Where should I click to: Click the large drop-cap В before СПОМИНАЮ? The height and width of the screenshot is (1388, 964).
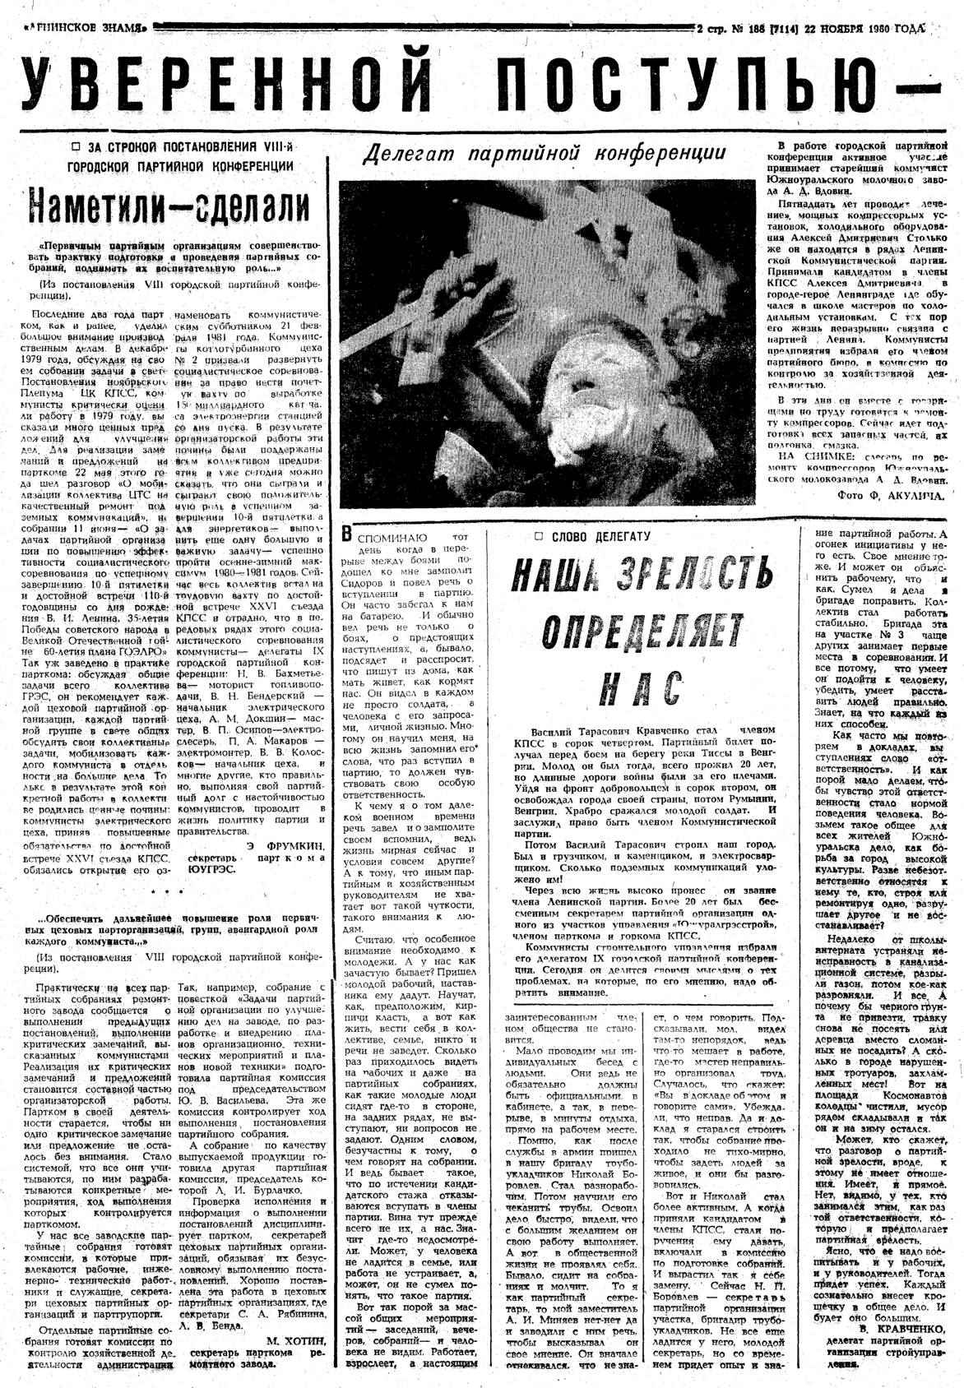349,534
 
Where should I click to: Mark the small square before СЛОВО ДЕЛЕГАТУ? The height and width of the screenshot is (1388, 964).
540,536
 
